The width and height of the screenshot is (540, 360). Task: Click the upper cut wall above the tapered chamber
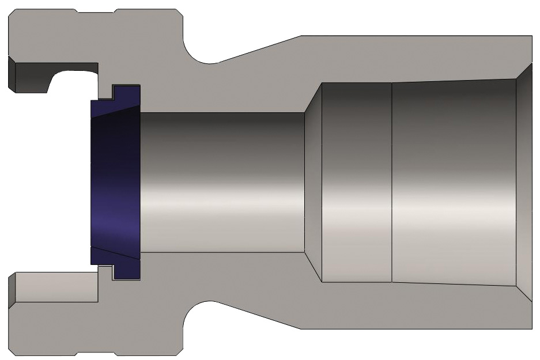(x=415, y=58)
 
